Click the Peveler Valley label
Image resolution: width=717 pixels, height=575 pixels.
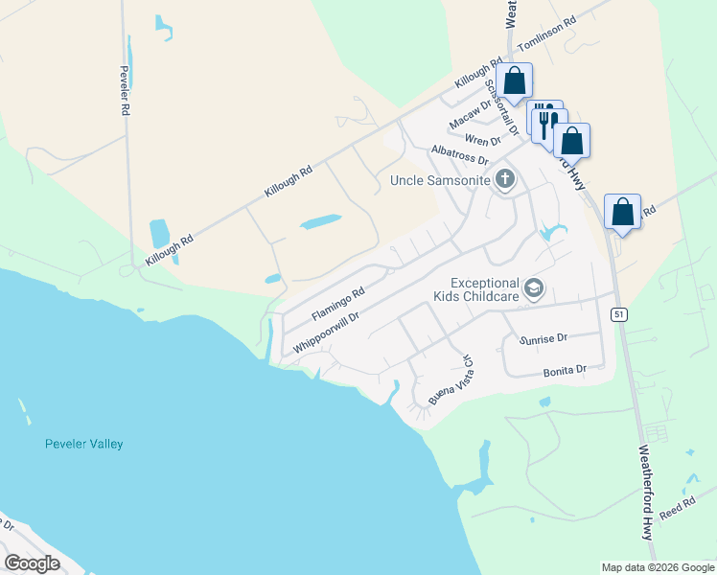coord(84,444)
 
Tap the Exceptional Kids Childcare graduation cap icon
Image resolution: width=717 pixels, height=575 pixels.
coord(534,288)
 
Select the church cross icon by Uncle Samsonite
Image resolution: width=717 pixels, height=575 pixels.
coord(505,179)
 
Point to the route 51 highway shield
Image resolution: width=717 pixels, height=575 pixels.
coord(619,313)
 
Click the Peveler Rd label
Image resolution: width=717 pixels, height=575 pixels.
coord(125,91)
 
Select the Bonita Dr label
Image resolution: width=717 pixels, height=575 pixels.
coord(565,370)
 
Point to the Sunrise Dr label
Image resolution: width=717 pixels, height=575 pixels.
coord(544,338)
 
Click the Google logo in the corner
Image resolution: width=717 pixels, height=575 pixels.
coord(32,563)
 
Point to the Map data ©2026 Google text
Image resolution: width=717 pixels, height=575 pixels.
coord(658,567)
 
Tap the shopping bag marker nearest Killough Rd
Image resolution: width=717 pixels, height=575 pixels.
coord(515,82)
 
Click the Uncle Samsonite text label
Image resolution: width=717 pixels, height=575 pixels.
coord(440,180)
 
